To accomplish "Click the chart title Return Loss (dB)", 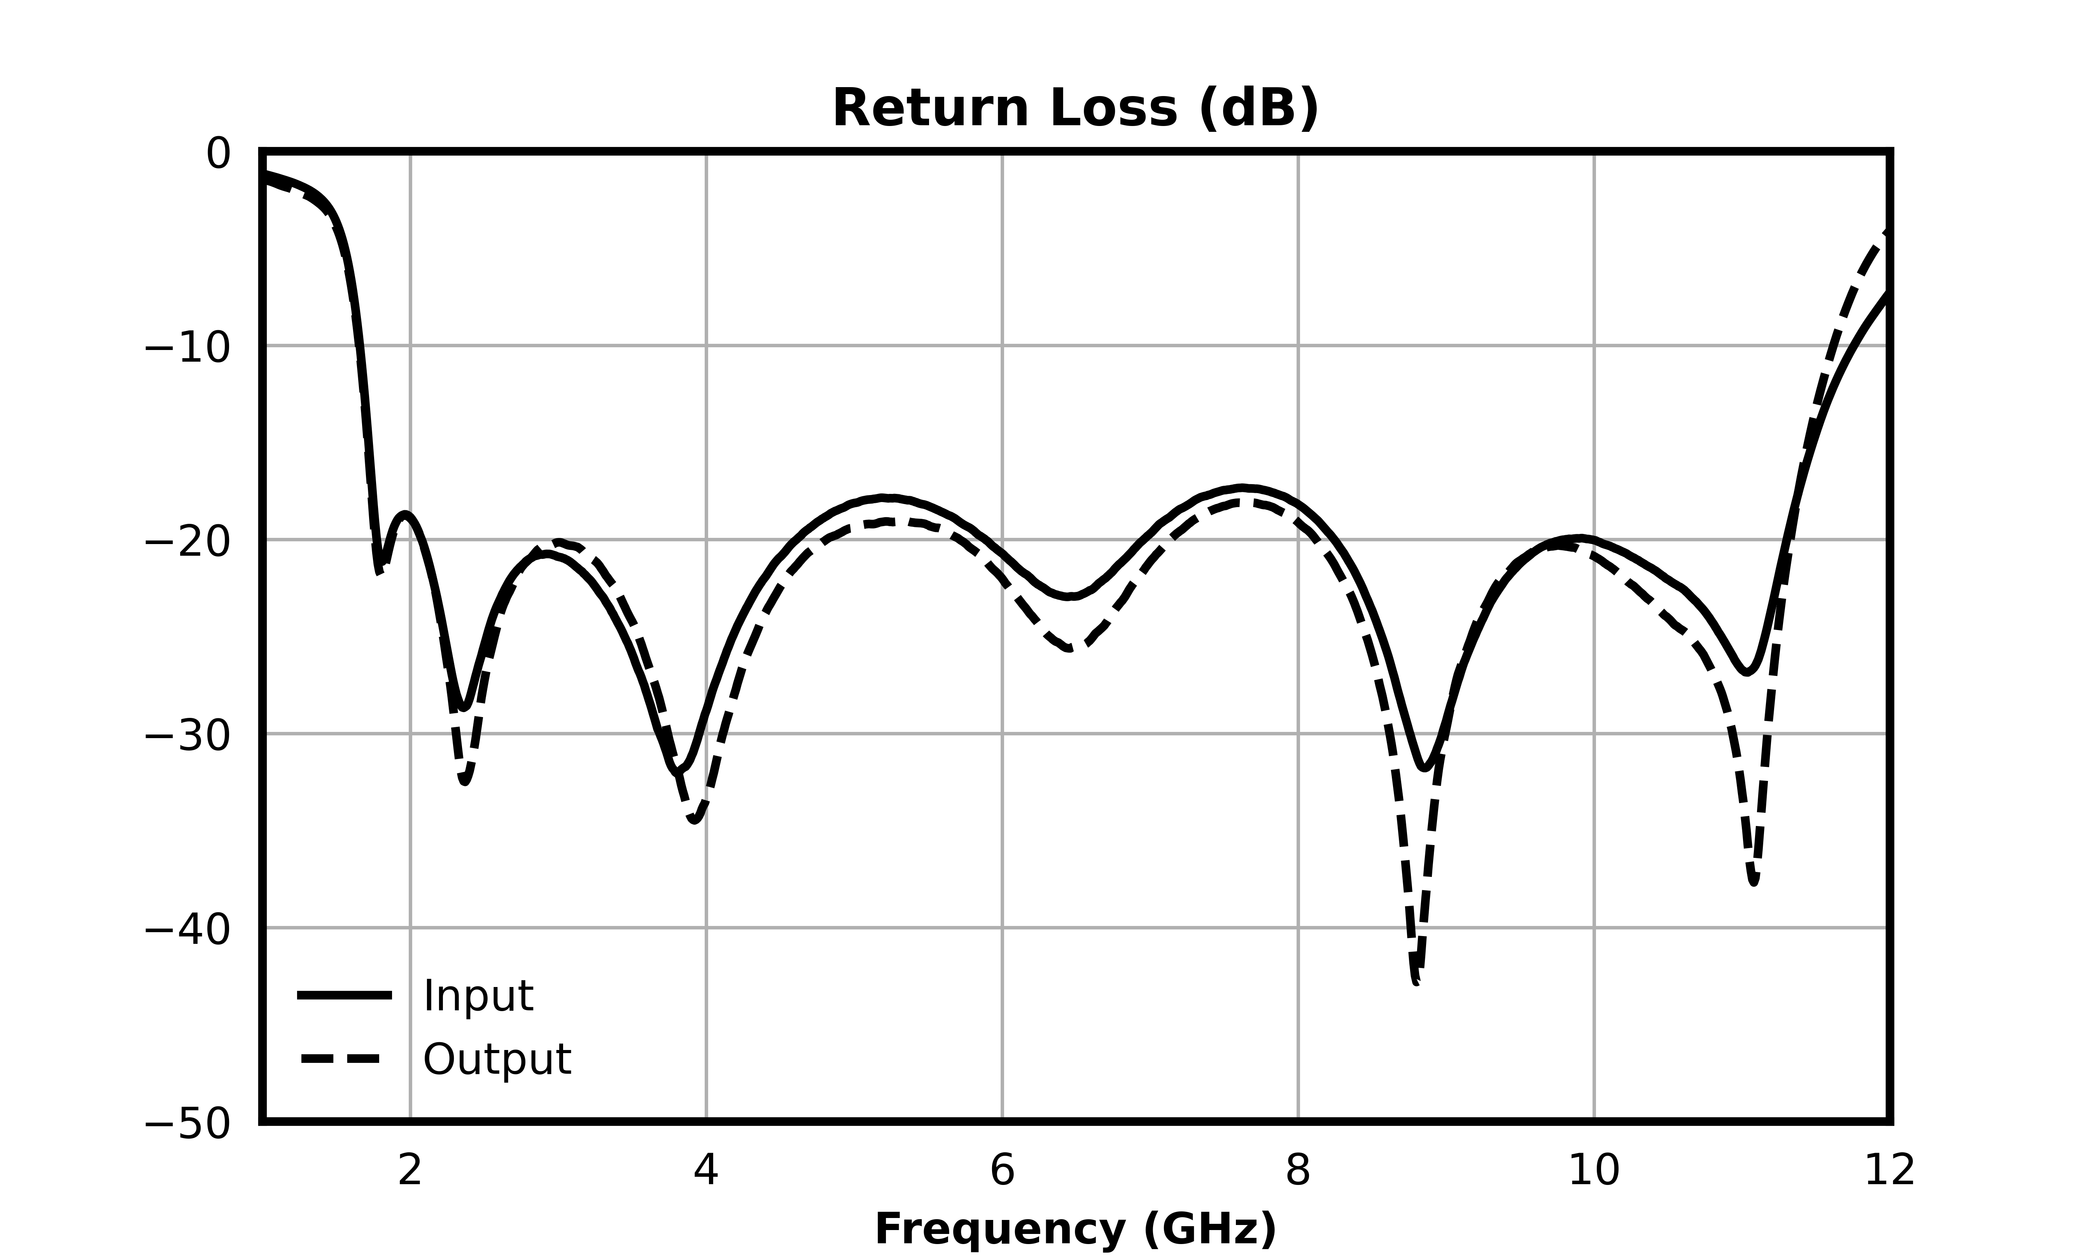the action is coord(1075,108).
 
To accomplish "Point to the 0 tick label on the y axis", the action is coord(218,154).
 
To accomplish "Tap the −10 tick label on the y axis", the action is coord(187,348).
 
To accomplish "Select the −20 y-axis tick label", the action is coord(187,542).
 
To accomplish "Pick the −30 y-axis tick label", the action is coord(187,735).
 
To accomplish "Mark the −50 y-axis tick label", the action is coord(187,1124).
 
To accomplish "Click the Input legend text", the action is coord(478,996).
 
